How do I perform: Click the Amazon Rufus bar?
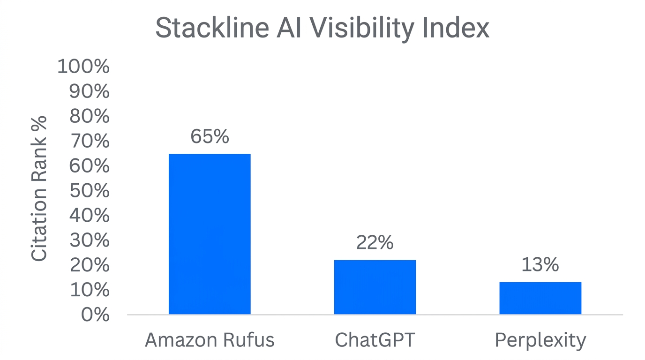[210, 234]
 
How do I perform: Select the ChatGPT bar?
[375, 287]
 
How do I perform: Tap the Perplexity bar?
[540, 298]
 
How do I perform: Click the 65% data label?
[210, 136]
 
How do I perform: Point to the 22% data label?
[375, 243]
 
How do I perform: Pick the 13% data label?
[540, 265]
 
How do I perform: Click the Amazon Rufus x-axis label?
[210, 340]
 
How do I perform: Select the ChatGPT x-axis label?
[375, 340]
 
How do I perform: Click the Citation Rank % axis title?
[39, 188]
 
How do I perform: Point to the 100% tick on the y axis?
[83, 67]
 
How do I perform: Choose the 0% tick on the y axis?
[95, 315]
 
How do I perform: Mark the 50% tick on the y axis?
[89, 191]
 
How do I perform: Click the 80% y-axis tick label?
[89, 117]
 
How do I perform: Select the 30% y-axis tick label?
[89, 241]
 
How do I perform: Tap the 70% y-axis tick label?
[89, 142]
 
